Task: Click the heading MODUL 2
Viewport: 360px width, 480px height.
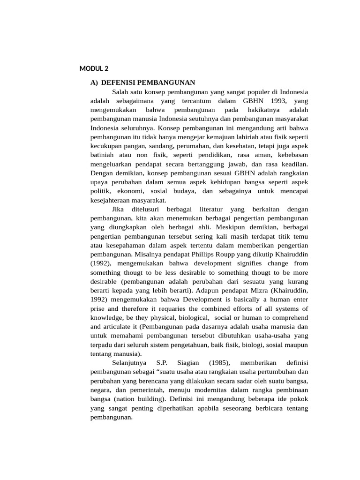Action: pyautogui.click(x=93, y=69)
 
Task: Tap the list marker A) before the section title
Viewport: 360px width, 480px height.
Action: pyautogui.click(x=94, y=82)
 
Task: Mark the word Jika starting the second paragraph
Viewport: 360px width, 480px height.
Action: pyautogui.click(x=120, y=209)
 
